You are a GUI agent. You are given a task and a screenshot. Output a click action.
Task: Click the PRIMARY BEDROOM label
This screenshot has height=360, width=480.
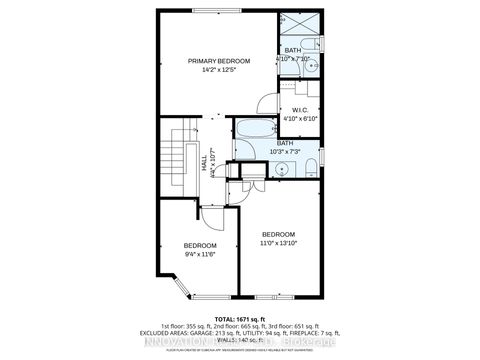(x=219, y=61)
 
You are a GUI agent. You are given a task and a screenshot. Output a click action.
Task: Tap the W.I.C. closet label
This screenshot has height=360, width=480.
(x=299, y=110)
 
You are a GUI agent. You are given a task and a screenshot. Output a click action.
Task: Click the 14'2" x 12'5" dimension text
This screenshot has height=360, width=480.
(x=219, y=70)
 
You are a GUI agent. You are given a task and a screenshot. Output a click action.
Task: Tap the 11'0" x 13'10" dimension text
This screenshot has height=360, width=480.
(x=278, y=243)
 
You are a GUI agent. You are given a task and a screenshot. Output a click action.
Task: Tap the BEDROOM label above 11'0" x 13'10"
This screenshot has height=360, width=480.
(x=278, y=234)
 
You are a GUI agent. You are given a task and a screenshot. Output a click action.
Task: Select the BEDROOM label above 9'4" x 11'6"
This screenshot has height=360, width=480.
(x=200, y=245)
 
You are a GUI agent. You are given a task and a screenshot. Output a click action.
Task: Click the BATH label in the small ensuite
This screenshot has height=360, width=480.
(x=292, y=50)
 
